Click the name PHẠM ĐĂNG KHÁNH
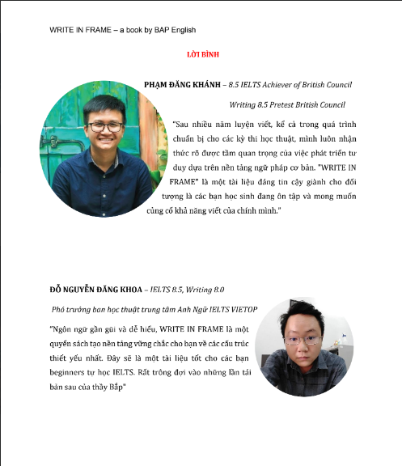click(x=181, y=84)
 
